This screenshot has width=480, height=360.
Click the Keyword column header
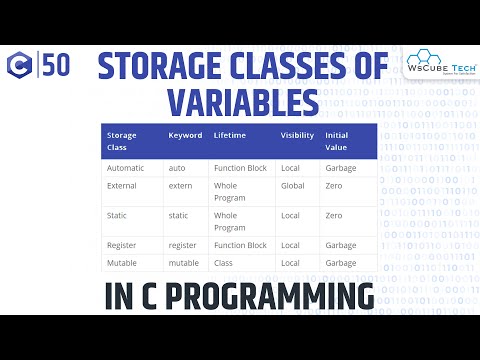coord(185,135)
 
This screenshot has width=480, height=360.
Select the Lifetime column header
coord(230,135)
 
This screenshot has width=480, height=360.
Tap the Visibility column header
coord(297,135)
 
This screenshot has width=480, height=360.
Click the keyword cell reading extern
coord(180,187)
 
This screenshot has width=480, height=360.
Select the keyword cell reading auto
coord(177,168)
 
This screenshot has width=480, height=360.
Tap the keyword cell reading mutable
coord(184,262)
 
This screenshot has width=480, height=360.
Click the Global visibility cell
coord(292,187)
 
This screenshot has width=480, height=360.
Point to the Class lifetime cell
coord(224,262)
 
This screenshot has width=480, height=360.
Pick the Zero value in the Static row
coord(333,215)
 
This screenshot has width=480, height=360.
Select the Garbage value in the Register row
coord(340,244)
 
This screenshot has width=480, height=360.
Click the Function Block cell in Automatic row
coord(240,168)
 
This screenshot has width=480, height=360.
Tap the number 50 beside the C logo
coord(56,67)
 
